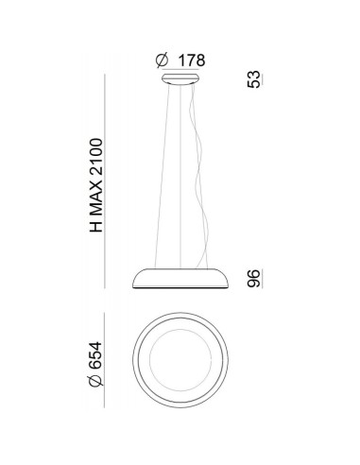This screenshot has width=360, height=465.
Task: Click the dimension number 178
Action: (x=192, y=60)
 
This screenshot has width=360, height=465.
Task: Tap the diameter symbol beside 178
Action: (x=163, y=60)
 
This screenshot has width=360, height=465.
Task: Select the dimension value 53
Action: (x=254, y=79)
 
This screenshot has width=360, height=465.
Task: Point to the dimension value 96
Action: (x=254, y=279)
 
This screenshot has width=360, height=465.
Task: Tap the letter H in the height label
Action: (x=96, y=227)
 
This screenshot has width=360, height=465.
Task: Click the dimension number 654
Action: (x=95, y=355)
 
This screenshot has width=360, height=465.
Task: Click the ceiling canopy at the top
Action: (x=180, y=79)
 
